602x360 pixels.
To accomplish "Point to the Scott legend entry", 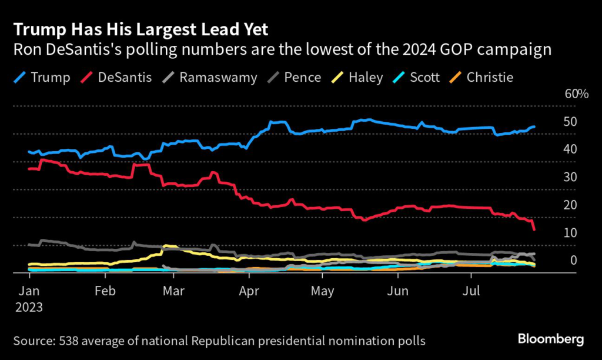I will coord(423,77).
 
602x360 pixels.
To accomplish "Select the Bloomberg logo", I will coord(550,339).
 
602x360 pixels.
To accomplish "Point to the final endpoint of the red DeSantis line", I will coord(534,229).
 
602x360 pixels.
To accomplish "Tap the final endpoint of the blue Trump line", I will coord(534,126).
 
